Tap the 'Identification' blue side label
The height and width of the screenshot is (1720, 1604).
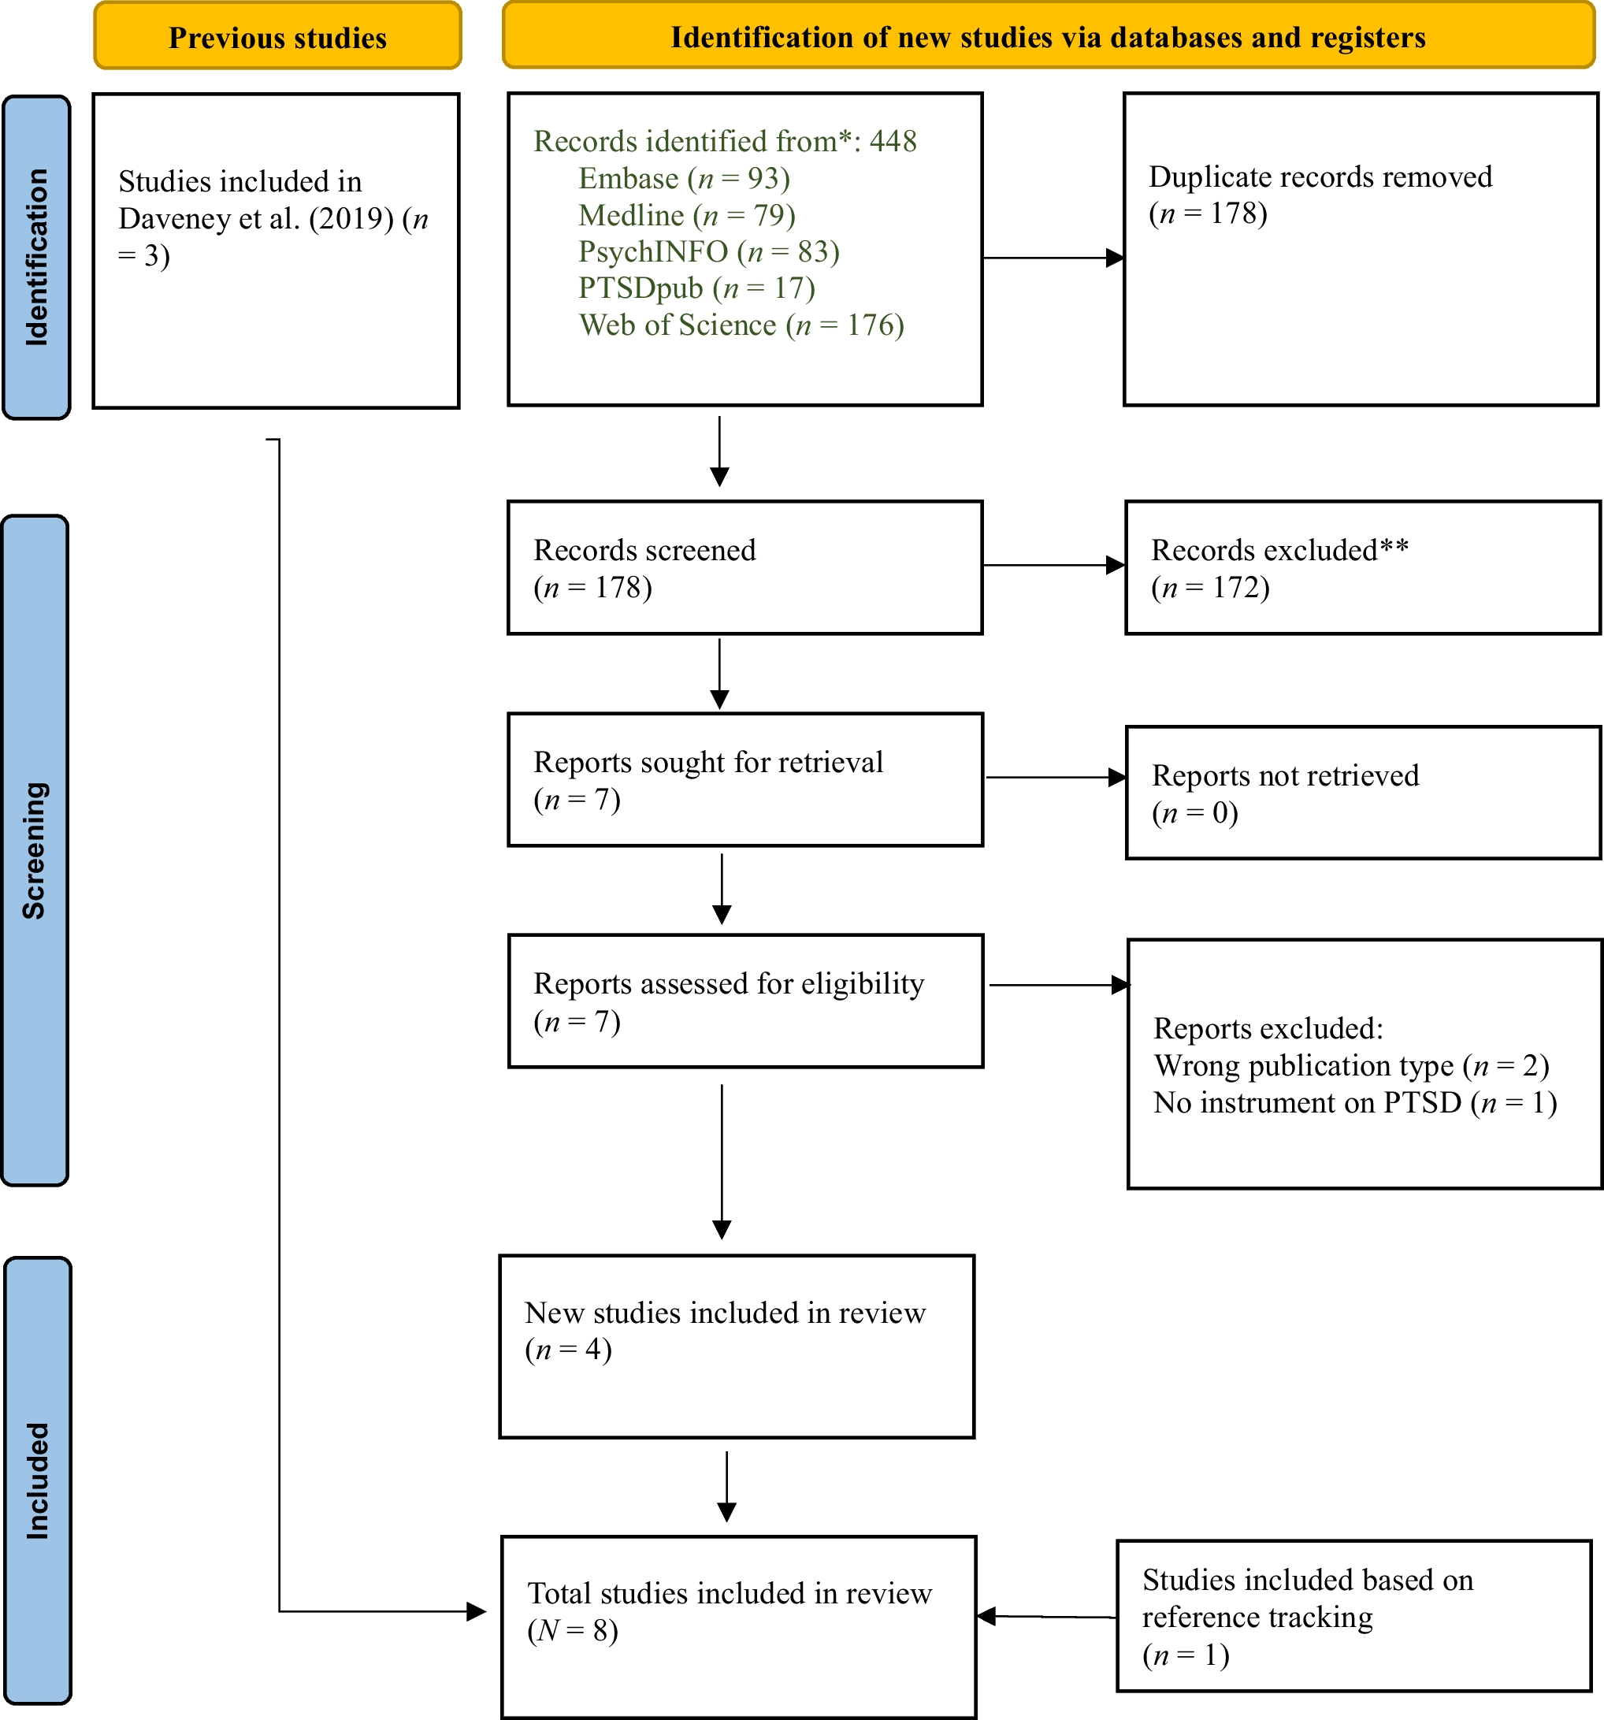tap(36, 258)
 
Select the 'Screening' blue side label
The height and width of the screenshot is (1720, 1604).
tap(35, 849)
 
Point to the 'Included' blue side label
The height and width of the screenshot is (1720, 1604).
tap(37, 1480)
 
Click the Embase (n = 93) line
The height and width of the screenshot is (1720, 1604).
tap(684, 178)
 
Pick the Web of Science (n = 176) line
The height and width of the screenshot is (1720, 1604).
tap(741, 325)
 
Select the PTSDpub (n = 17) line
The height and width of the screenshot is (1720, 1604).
tap(696, 288)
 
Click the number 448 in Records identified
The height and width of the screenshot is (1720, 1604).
tap(893, 141)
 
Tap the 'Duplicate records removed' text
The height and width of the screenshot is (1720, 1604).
tap(1320, 177)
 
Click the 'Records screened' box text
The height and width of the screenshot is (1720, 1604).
tap(644, 550)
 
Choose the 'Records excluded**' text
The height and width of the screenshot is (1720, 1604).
tap(1279, 550)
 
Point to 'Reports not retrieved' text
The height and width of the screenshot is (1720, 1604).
tap(1285, 776)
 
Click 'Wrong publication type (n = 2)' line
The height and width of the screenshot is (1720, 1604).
tap(1350, 1066)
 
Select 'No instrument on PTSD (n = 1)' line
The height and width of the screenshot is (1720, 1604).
tap(1355, 1103)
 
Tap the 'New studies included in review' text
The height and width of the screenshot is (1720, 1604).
tap(725, 1313)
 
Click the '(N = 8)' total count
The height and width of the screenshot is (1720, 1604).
tap(573, 1631)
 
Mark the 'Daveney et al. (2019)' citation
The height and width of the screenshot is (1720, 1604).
tap(256, 219)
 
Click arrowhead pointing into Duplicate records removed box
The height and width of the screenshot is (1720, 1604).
tap(1116, 258)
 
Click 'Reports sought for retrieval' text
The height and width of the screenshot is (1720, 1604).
tap(707, 762)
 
